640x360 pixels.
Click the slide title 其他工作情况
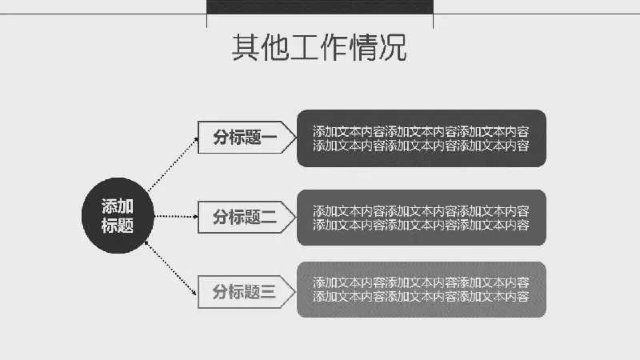319,48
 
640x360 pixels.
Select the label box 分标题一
240,138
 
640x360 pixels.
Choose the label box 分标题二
240,216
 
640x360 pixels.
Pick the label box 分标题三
240,292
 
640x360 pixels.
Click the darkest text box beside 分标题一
421,138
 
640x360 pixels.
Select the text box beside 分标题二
421,218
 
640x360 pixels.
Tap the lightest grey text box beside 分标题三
421,289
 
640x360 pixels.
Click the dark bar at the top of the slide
320,6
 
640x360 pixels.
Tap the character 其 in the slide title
245,48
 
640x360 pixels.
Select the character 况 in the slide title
392,48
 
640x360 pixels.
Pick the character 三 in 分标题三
269,292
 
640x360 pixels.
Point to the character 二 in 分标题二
269,216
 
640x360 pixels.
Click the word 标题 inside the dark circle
117,226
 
